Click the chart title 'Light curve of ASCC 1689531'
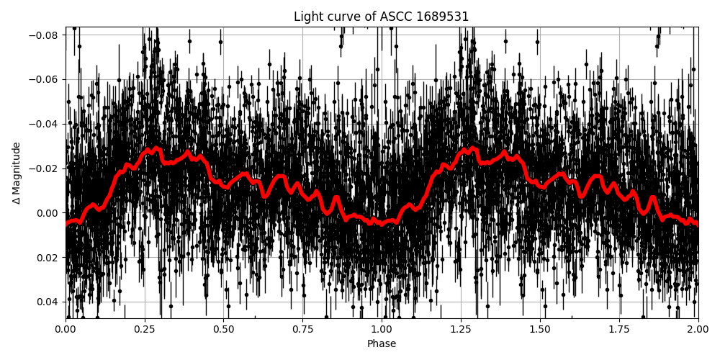(382, 17)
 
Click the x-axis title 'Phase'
(382, 344)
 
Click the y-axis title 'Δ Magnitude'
(17, 173)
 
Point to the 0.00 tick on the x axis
(66, 330)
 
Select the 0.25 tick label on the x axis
(145, 330)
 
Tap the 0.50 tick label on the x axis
(224, 330)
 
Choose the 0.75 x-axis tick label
(302, 330)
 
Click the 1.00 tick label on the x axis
(382, 330)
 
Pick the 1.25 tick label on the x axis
(461, 330)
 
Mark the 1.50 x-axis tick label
(540, 330)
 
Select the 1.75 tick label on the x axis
(619, 330)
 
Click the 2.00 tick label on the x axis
(698, 330)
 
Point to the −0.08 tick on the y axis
(45, 35)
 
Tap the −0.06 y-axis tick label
(45, 80)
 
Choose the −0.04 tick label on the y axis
(45, 124)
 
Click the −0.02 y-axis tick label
(45, 168)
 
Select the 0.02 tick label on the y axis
(48, 258)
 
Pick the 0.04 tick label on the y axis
(48, 302)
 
